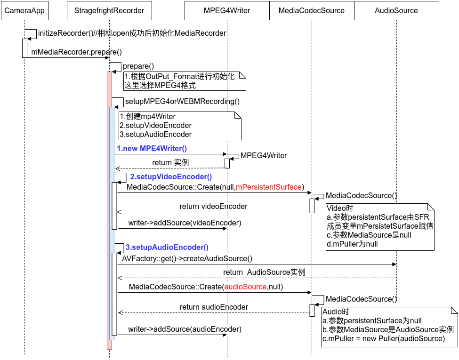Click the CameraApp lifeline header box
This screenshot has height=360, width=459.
[x=24, y=10]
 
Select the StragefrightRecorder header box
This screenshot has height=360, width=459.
[x=109, y=10]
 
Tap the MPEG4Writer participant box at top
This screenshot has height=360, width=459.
[x=227, y=10]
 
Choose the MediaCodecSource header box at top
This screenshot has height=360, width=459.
[x=312, y=10]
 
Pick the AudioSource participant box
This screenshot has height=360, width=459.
[x=396, y=10]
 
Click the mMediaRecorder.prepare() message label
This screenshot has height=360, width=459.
[x=77, y=52]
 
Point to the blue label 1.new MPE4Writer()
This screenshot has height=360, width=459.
[x=152, y=149]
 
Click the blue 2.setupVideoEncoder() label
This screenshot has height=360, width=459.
[x=171, y=177]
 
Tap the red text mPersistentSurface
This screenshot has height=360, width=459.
[x=269, y=187]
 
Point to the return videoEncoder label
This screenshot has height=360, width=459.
[x=213, y=207]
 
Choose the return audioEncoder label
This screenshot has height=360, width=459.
[x=214, y=307]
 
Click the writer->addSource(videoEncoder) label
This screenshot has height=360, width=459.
[x=185, y=223]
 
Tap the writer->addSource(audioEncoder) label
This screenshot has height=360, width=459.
[x=185, y=329]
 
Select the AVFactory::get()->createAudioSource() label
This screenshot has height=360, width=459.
[x=187, y=258]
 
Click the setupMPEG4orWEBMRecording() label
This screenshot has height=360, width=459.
[x=182, y=101]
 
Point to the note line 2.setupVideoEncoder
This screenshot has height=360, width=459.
[x=155, y=126]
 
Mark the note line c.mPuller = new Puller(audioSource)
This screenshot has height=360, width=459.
[x=384, y=338]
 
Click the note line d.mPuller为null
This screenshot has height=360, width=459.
[x=352, y=244]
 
